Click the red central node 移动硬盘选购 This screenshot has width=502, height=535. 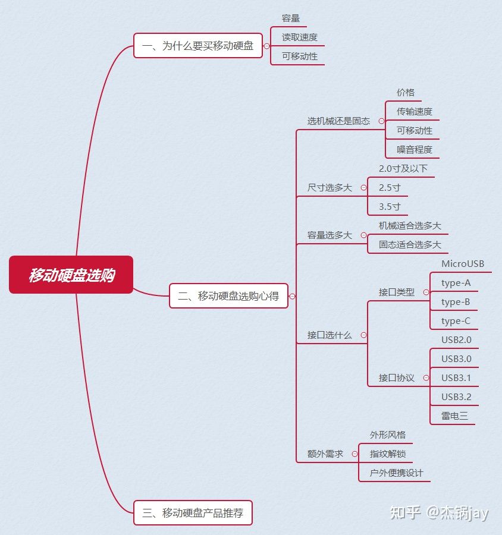[71, 275]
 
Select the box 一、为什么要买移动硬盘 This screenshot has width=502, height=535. [198, 46]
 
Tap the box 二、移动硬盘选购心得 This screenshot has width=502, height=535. [228, 296]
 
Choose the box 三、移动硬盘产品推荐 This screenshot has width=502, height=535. [193, 513]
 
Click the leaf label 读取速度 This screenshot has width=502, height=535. [300, 37]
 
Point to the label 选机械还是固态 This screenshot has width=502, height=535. [338, 121]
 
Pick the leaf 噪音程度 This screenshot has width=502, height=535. [415, 150]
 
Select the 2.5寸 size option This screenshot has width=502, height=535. [390, 188]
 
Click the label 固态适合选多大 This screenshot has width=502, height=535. [410, 245]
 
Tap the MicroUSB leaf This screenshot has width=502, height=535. [463, 264]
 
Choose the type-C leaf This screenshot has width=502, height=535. [456, 321]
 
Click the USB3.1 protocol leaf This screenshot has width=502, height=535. [456, 378]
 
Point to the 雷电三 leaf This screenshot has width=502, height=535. [454, 416]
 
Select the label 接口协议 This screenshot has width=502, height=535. [397, 378]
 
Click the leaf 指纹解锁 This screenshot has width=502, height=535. [388, 454]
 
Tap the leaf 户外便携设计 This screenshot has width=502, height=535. [397, 473]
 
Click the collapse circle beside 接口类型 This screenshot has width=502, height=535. [426, 292]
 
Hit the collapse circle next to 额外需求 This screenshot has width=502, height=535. [355, 454]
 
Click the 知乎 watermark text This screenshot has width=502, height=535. [406, 512]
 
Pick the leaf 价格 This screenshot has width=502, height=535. [406, 93]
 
